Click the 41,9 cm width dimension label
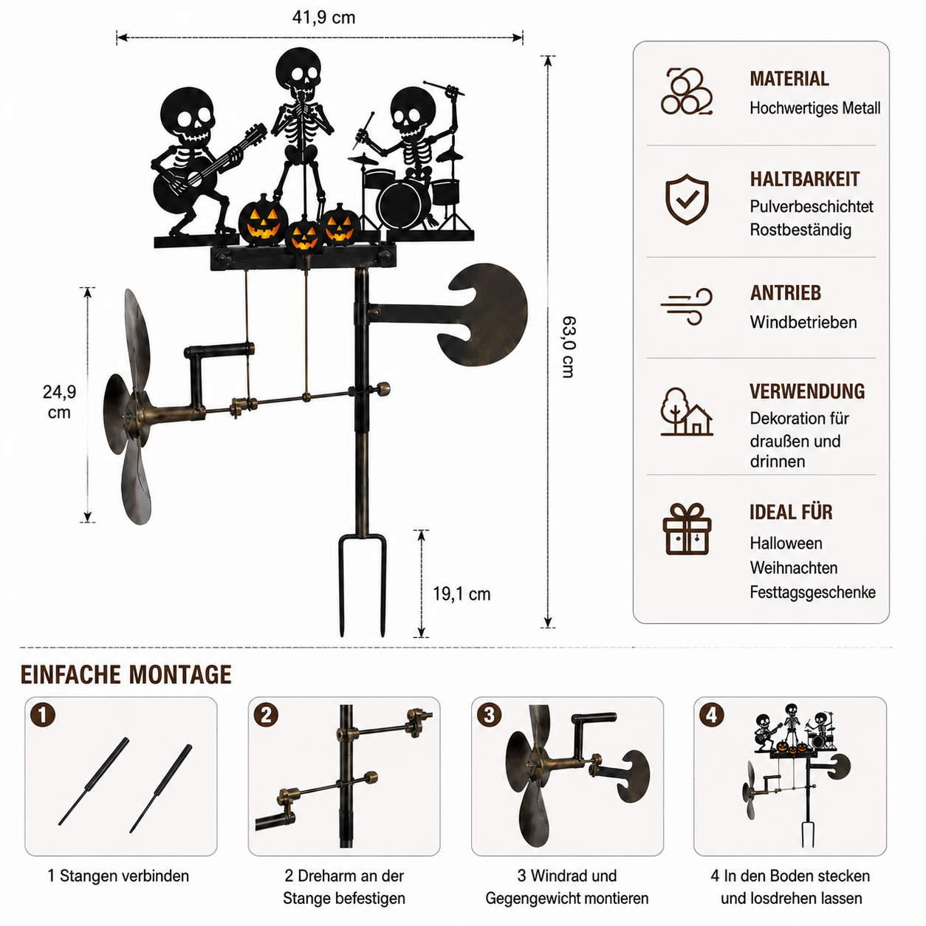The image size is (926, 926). pyautogui.click(x=323, y=18)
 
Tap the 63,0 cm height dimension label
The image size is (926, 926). pyautogui.click(x=569, y=347)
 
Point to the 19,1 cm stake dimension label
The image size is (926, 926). pyautogui.click(x=462, y=594)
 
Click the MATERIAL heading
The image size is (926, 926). pyautogui.click(x=789, y=79)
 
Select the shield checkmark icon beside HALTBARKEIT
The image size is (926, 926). pyautogui.click(x=687, y=199)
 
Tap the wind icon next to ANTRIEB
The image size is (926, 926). pyautogui.click(x=686, y=306)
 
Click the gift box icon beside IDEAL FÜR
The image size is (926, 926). pyautogui.click(x=687, y=529)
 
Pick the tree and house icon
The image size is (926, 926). pyautogui.click(x=687, y=412)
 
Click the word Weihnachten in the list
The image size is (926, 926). pyautogui.click(x=793, y=568)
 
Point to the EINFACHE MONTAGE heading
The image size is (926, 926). pyautogui.click(x=126, y=675)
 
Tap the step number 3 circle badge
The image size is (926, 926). pyautogui.click(x=489, y=715)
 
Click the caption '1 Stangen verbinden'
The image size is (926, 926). pyautogui.click(x=118, y=876)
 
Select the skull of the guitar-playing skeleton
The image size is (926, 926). pyautogui.click(x=188, y=115)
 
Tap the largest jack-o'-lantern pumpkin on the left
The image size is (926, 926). pyautogui.click(x=264, y=220)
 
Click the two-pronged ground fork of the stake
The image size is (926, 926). pyautogui.click(x=362, y=586)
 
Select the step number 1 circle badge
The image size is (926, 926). pyautogui.click(x=43, y=715)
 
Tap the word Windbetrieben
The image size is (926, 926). pyautogui.click(x=803, y=322)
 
